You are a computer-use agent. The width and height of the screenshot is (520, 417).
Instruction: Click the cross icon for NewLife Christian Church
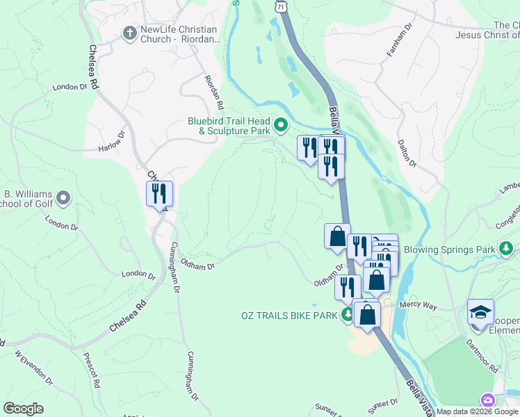(129, 33)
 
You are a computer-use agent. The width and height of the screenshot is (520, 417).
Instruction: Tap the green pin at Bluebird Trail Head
(281, 125)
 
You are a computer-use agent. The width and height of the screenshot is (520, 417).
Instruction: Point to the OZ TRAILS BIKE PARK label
(289, 316)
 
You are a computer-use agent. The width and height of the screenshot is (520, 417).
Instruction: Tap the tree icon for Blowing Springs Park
(507, 249)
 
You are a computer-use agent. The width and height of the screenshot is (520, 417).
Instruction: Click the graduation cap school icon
(480, 312)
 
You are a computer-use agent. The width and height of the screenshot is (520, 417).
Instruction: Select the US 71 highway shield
(279, 6)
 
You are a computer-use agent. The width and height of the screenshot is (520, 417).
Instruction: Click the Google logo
(24, 409)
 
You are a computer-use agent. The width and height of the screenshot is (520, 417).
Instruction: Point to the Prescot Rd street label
(97, 373)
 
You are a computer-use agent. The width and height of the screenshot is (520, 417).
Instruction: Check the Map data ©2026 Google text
(476, 411)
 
